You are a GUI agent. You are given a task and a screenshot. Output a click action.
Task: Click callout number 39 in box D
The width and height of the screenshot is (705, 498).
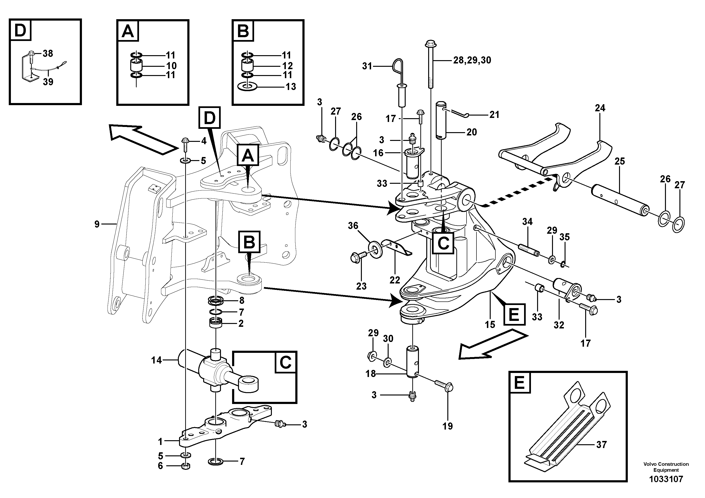coord(48,82)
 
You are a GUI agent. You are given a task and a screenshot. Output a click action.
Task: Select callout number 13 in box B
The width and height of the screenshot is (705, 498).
coord(291,87)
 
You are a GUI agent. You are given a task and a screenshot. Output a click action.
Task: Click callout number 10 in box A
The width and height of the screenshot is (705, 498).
coord(171,65)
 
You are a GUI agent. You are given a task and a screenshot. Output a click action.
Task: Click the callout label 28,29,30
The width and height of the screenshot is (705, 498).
coord(472,60)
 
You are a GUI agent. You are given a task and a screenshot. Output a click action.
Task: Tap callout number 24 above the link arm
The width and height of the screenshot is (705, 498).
coord(600,108)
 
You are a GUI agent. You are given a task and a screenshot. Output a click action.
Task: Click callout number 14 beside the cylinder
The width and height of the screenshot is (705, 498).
coord(156,360)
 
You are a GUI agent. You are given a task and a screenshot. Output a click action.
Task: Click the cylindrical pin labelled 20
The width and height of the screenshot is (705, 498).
coord(442,123)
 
